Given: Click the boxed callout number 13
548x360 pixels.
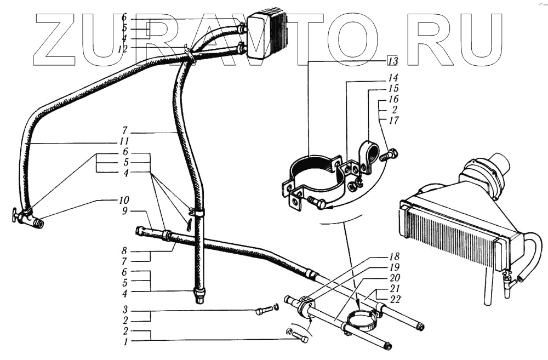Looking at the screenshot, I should click(x=392, y=60).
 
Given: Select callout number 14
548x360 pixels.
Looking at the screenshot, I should click(x=393, y=78).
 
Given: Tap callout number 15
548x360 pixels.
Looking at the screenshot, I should click(x=393, y=88).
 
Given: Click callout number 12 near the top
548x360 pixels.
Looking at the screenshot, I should click(x=124, y=49).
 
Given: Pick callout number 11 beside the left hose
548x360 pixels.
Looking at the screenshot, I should click(x=125, y=141).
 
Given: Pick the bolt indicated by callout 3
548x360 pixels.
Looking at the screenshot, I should click(x=261, y=311).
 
